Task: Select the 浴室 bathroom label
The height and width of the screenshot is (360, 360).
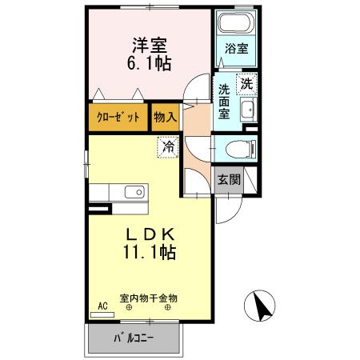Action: (x=237, y=49)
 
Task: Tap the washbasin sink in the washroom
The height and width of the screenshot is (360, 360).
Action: (x=247, y=110)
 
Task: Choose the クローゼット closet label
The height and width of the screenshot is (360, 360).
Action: (x=118, y=118)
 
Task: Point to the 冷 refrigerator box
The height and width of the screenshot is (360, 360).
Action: (x=168, y=146)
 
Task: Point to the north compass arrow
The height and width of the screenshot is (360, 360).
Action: (x=262, y=305)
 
